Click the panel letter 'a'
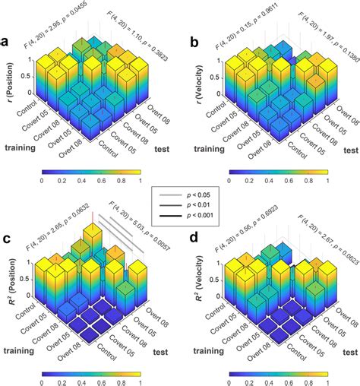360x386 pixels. (8, 42)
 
